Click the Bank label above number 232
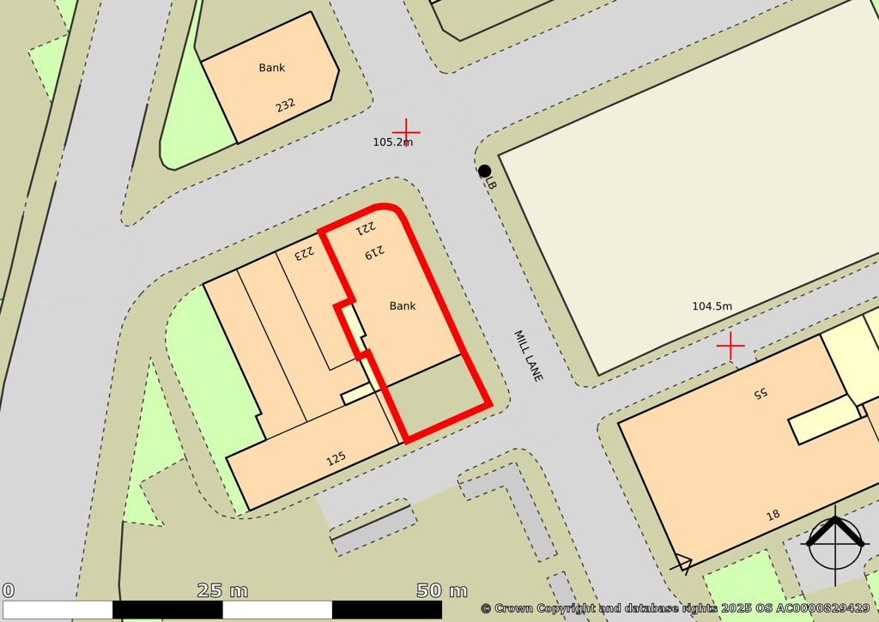(272, 68)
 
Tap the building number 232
(285, 106)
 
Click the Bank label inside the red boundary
(403, 305)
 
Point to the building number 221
(366, 229)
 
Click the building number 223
(306, 253)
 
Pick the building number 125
(336, 459)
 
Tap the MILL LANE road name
(529, 356)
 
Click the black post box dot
(484, 171)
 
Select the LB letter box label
(491, 183)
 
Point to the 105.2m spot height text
(392, 142)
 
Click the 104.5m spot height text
(712, 306)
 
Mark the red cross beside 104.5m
(730, 346)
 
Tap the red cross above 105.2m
(406, 130)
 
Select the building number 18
(773, 515)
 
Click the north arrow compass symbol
(834, 541)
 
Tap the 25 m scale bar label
(222, 590)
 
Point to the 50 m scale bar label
(442, 590)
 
